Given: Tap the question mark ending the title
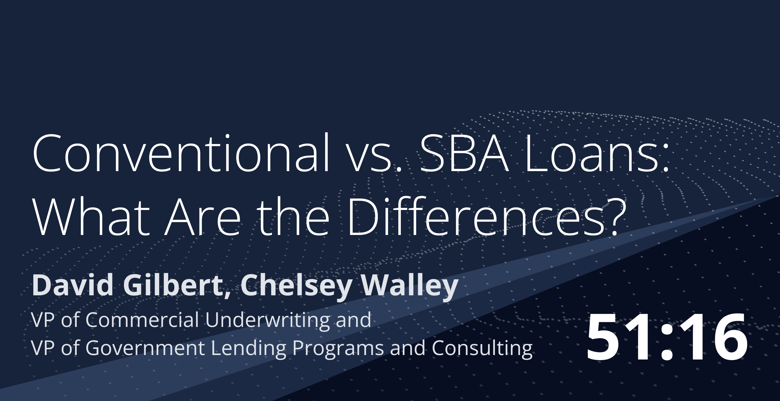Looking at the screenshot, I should point(614,217).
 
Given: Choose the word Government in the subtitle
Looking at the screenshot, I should point(145,348).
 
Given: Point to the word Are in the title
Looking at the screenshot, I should point(202,217).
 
